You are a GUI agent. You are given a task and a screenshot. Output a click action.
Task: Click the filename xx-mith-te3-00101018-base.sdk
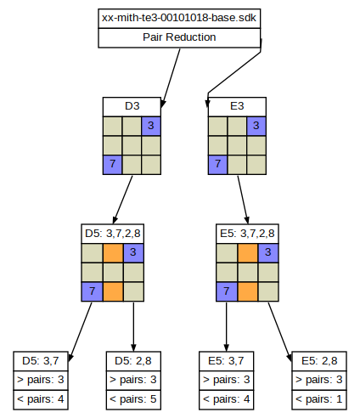pos(179,18)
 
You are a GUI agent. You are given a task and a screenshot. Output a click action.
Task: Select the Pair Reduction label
pos(179,37)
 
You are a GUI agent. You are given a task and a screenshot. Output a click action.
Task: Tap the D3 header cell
pos(132,106)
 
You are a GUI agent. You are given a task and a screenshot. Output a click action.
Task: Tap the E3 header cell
pos(237,106)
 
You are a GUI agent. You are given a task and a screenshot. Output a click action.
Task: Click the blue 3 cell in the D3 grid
pos(151,126)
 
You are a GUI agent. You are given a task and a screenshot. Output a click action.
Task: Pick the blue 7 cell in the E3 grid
pos(217,165)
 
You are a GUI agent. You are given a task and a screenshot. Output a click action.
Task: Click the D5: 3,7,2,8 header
pos(113,234)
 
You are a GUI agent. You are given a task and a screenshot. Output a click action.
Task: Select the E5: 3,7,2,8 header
pos(247,234)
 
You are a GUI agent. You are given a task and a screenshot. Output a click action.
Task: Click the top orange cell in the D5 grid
pos(113,252)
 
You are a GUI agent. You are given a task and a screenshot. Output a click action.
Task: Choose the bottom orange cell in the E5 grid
pos(248,291)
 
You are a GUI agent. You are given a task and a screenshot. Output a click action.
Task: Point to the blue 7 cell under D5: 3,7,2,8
pos(92,291)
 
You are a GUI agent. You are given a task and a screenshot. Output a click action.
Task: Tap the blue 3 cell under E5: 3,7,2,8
pos(268,252)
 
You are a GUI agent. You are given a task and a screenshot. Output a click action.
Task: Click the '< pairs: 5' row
pos(133,399)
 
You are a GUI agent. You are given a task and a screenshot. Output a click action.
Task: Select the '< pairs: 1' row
pos(319,399)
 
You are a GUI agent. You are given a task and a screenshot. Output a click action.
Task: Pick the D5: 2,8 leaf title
pos(133,361)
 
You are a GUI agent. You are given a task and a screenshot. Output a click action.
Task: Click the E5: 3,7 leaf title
pos(226,361)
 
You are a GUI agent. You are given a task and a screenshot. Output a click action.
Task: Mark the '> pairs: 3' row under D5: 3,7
pos(41,381)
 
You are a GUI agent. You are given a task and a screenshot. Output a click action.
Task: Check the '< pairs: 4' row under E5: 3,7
pos(226,399)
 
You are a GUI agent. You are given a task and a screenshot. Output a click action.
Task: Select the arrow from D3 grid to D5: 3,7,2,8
pos(122,200)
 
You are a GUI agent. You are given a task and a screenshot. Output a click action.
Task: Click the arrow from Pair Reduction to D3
pos(171,78)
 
